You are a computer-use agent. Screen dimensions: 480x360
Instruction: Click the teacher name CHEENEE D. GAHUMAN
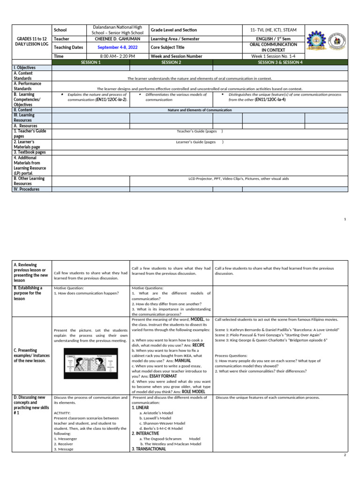pyautogui.click(x=118, y=39)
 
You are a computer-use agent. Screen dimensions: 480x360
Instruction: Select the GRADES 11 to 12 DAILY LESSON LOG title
pyautogui.click(x=31, y=40)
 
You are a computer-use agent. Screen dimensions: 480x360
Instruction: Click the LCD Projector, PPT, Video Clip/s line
pyautogui.click(x=239, y=179)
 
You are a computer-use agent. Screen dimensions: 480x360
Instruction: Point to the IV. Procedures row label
pyautogui.click(x=26, y=189)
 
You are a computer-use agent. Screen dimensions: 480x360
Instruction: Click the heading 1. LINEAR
pyautogui.click(x=142, y=408)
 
